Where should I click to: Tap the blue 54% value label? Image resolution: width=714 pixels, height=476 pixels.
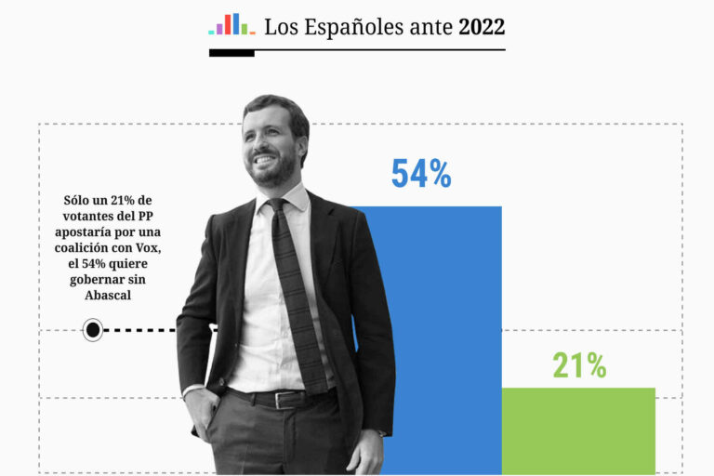[420, 174]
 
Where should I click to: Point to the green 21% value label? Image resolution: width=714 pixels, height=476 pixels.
[579, 365]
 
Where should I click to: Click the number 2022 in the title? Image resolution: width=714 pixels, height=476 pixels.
[482, 27]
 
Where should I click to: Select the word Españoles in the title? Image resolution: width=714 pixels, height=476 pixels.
[358, 28]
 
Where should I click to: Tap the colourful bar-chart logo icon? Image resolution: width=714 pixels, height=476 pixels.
[231, 25]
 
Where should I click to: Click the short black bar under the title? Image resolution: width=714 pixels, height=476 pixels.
[231, 53]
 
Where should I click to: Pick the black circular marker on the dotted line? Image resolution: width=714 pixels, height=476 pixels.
[93, 329]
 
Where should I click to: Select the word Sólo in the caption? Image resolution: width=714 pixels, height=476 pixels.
[80, 200]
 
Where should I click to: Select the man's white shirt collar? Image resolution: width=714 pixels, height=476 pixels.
[288, 197]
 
